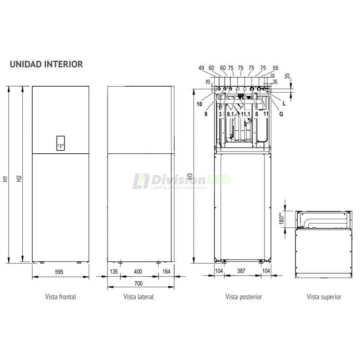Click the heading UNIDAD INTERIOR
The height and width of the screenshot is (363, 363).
[46, 64]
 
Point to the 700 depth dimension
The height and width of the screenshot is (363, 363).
[139, 284]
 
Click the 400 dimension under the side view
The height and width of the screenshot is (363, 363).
[138, 271]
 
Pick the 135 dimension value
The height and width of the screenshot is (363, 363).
[114, 271]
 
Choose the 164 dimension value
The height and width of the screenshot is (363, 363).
[167, 271]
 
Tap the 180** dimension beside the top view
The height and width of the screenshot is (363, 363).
[281, 219]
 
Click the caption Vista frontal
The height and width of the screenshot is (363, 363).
[60, 297]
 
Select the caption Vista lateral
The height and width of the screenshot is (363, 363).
[138, 297]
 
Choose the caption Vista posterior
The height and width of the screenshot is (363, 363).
[244, 297]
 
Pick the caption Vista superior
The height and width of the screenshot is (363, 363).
[324, 297]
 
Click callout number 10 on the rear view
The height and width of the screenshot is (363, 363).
[199, 104]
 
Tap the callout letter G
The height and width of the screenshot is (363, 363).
[281, 114]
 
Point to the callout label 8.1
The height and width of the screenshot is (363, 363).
[231, 114]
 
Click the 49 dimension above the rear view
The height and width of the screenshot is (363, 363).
[201, 68]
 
